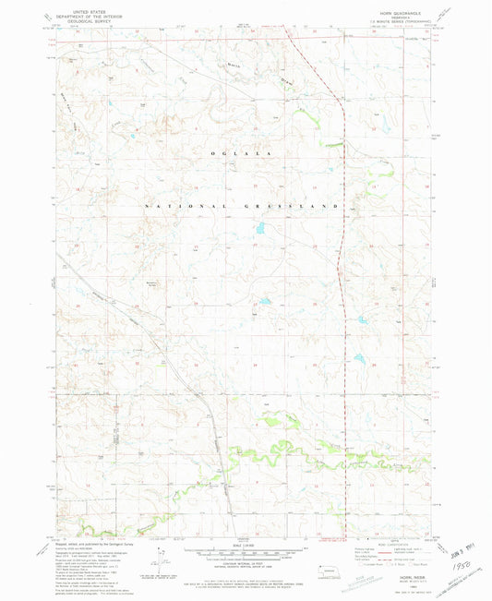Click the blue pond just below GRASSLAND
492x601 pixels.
(x=261, y=227)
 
